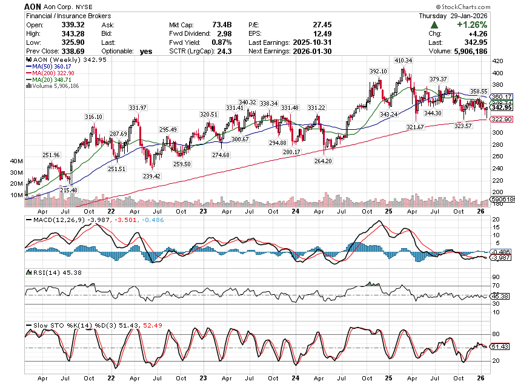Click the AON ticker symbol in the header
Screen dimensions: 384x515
(33, 5)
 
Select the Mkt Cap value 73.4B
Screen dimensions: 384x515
(219, 25)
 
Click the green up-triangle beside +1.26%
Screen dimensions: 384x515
(434, 25)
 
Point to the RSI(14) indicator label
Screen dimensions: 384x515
(41, 272)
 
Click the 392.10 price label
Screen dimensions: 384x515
(378, 72)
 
